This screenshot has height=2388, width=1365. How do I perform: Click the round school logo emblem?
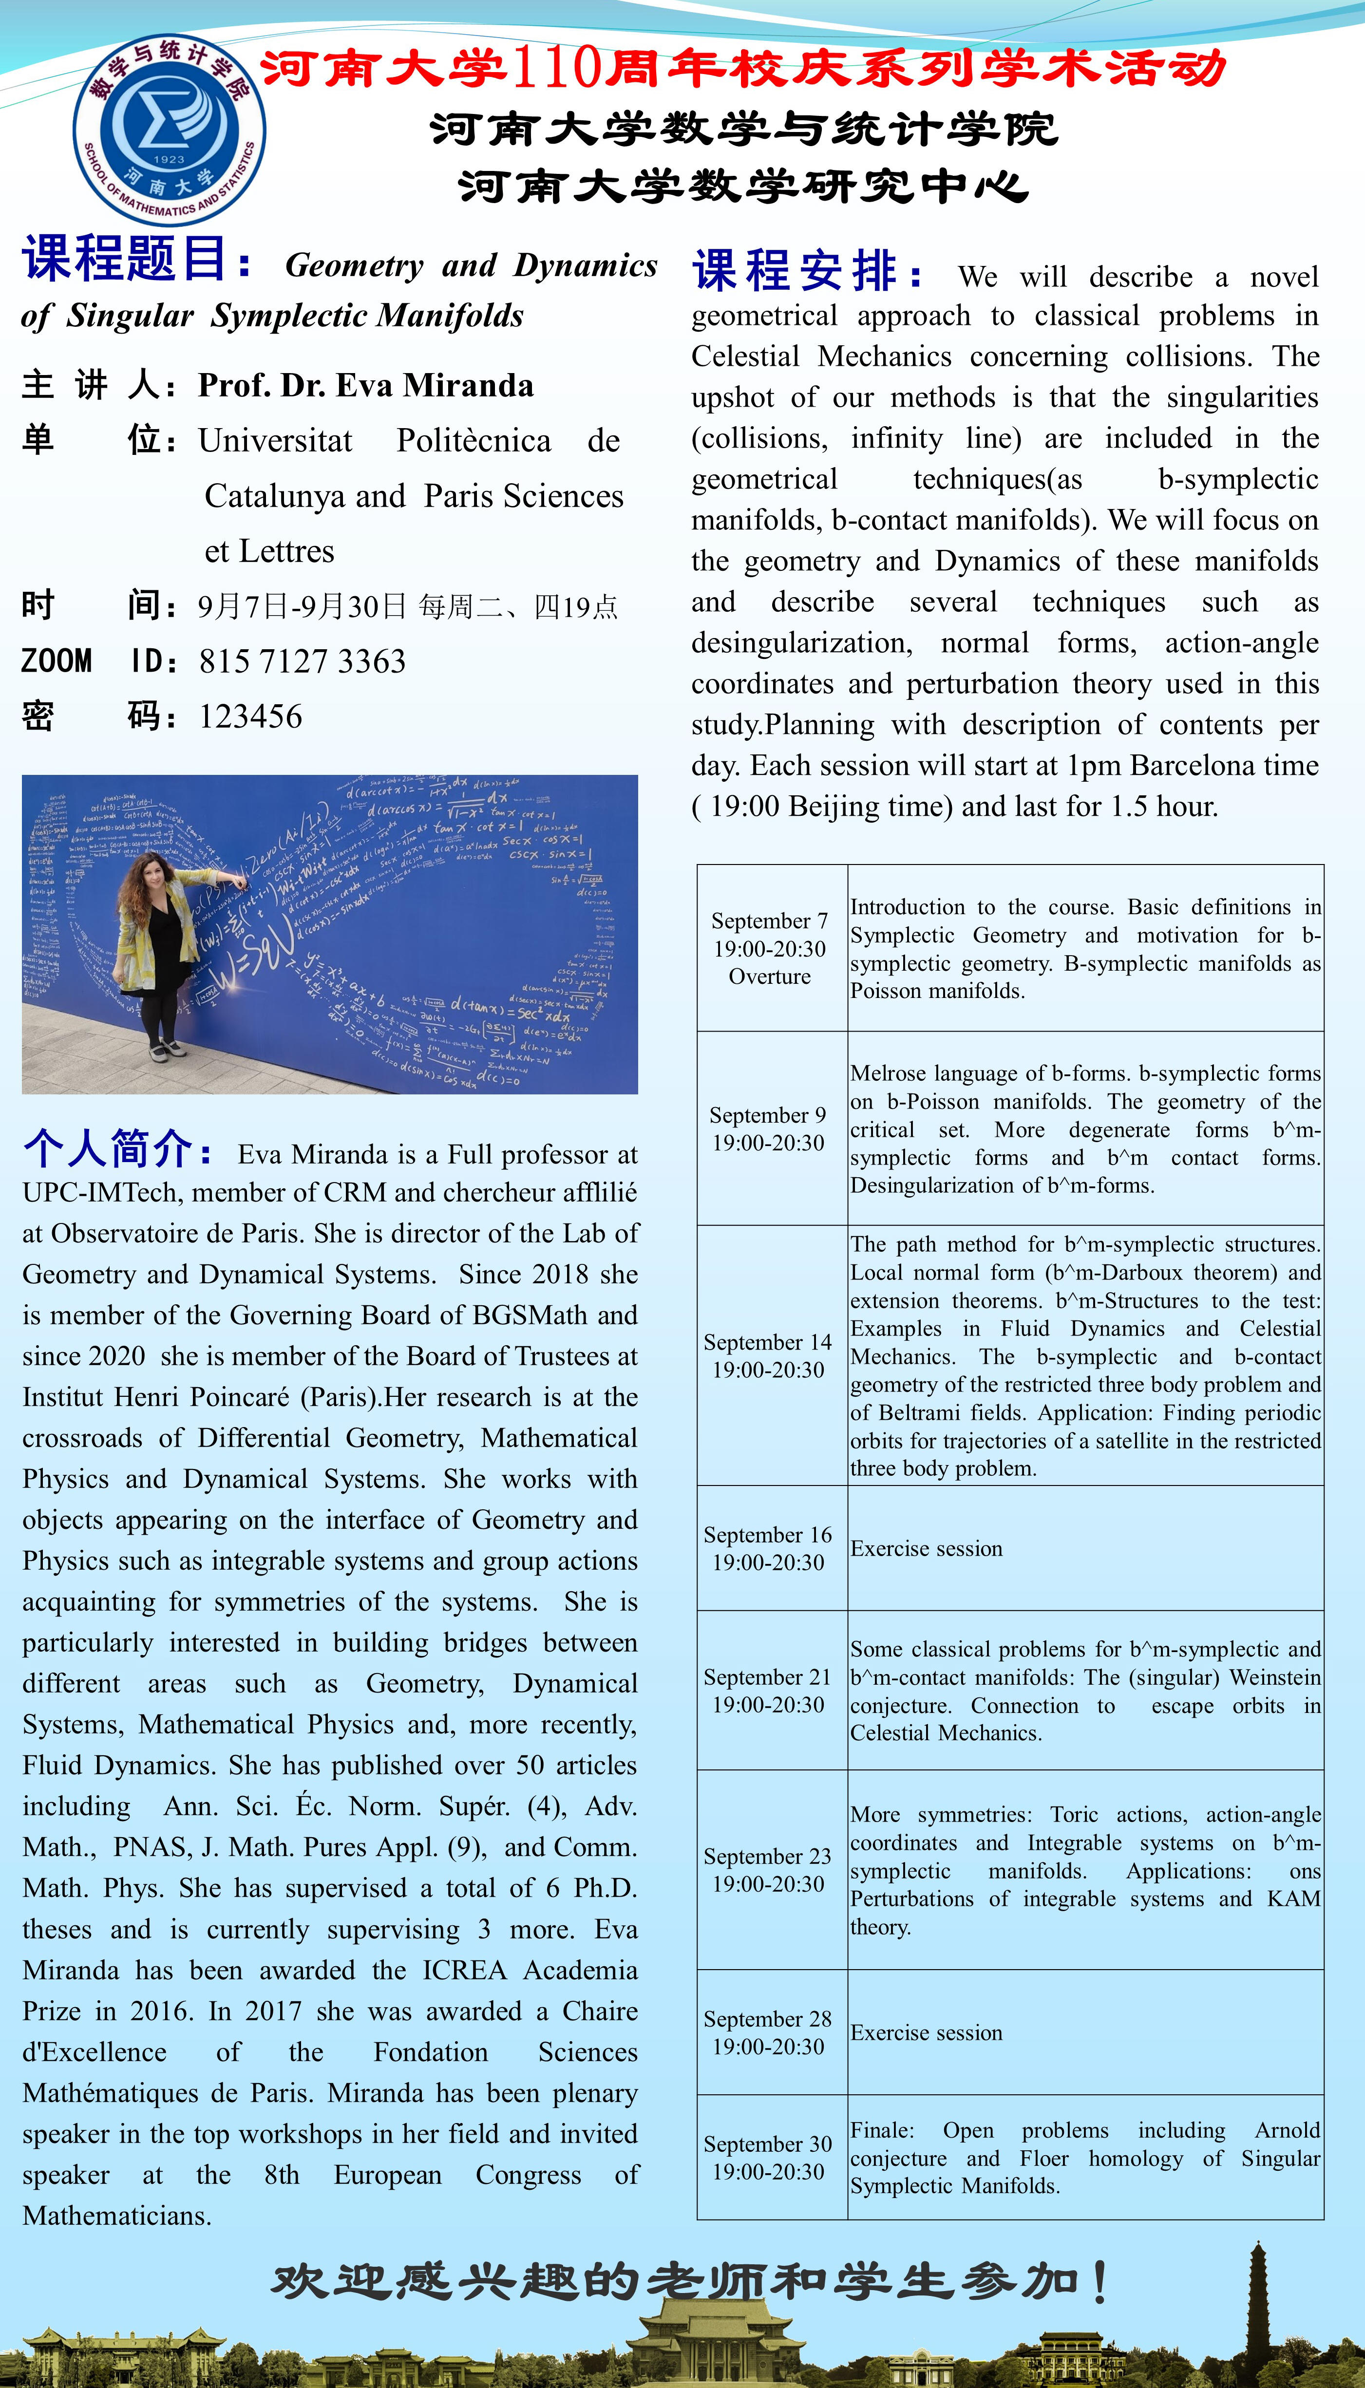[169, 130]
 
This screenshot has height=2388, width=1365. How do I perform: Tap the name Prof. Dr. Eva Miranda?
[366, 385]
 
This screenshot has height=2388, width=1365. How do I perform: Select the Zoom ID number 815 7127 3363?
[302, 662]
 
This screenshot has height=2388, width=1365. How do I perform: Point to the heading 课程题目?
[136, 260]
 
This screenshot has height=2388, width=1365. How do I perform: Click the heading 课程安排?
[806, 272]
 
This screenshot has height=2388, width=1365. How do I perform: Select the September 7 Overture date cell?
[770, 948]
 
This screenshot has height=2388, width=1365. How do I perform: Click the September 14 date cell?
[768, 1355]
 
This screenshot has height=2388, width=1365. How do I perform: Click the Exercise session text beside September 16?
[926, 1549]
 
